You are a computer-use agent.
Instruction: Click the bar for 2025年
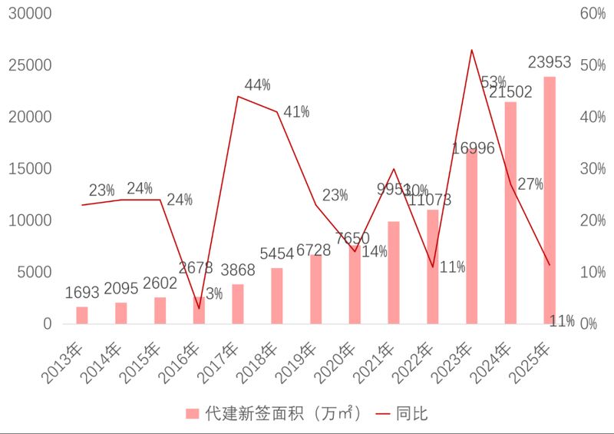pyautogui.click(x=550, y=200)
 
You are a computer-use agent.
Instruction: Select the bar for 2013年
pyautogui.click(x=82, y=315)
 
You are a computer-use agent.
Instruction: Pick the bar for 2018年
pyautogui.click(x=277, y=296)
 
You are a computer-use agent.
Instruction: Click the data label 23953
pyautogui.click(x=550, y=62)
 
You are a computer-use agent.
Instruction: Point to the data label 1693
pyautogui.click(x=82, y=293)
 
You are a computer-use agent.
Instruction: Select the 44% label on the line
pyautogui.click(x=257, y=84)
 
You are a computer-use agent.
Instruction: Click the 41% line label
pyautogui.click(x=296, y=112)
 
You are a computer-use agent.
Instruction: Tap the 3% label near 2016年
pyautogui.click(x=214, y=293)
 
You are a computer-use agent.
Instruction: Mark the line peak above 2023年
pyautogui.click(x=471, y=50)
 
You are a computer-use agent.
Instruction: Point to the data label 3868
pyautogui.click(x=238, y=270)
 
